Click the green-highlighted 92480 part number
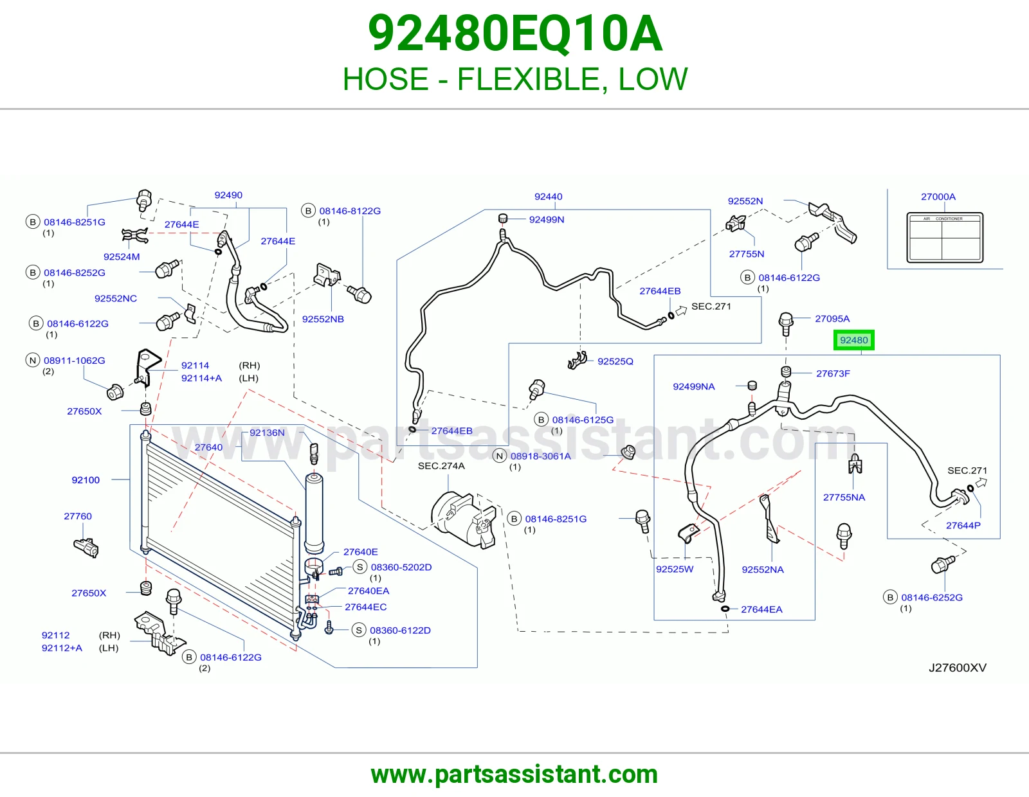coord(854,340)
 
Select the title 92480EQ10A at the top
coord(514,33)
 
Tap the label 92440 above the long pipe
coord(549,197)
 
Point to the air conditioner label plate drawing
coord(945,238)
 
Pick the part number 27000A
coord(938,197)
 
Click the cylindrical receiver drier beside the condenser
coord(314,513)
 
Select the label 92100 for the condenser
coord(86,480)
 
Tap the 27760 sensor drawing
coord(86,548)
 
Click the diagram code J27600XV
coord(958,668)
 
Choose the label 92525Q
coord(615,361)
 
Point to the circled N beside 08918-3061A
coord(499,456)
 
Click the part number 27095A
coord(832,319)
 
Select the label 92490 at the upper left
coord(228,195)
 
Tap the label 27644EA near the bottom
coord(761,609)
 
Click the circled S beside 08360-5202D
coord(360,567)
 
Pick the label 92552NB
coord(323,319)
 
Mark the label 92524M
coord(122,256)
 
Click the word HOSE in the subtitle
coord(385,79)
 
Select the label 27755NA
coord(844,497)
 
